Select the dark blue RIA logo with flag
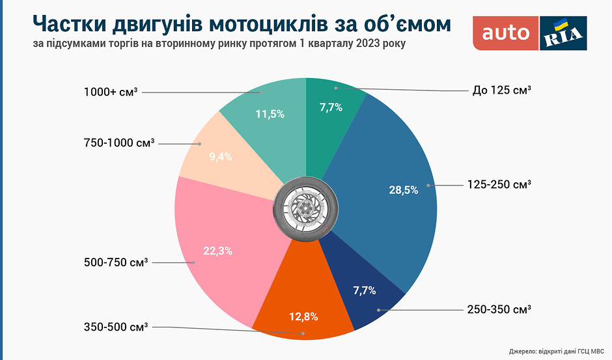(x=563, y=33)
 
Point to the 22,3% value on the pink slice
(x=218, y=250)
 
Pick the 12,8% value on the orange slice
(x=303, y=317)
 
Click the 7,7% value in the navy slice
(x=365, y=290)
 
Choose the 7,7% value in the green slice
(x=331, y=107)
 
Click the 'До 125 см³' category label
(x=502, y=90)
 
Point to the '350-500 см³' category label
(x=116, y=326)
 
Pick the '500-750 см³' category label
(x=116, y=263)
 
